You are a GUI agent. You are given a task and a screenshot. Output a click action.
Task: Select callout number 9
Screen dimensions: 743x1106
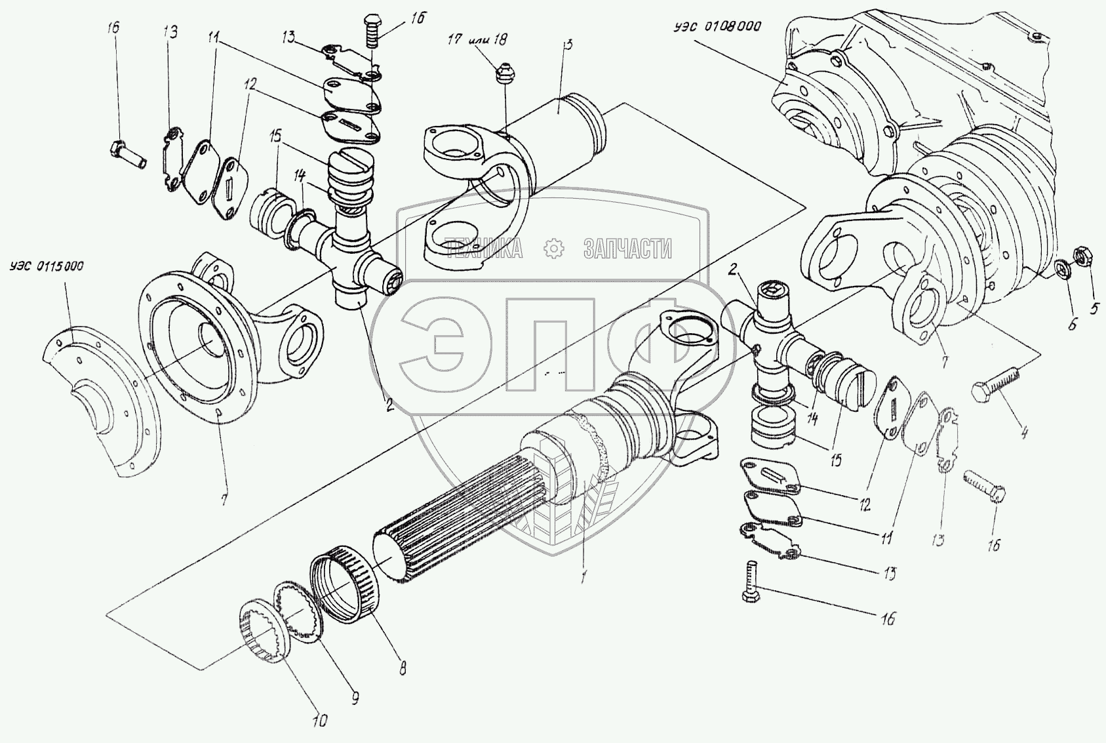pos(354,698)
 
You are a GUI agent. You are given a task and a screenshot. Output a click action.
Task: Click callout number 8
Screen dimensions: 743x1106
pos(403,670)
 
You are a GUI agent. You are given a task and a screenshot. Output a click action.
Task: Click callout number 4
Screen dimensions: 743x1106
pos(1024,432)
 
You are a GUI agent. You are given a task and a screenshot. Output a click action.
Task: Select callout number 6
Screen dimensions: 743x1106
pos(1072,323)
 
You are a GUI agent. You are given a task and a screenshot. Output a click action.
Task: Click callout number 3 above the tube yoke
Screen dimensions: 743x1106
pos(568,46)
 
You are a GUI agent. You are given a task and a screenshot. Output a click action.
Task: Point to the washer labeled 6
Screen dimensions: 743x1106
pos(1064,269)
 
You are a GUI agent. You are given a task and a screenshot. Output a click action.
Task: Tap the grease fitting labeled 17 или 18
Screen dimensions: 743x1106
pos(503,73)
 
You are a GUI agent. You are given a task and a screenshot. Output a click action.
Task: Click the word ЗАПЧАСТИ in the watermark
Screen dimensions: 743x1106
pos(627,249)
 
